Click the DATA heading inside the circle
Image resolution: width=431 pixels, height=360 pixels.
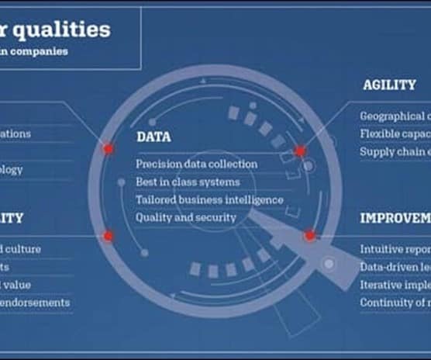[x=153, y=137]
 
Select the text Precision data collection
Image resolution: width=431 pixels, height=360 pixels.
[x=196, y=164]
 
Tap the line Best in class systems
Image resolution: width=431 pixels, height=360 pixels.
[x=188, y=182]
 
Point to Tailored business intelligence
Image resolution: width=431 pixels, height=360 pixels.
[x=209, y=199]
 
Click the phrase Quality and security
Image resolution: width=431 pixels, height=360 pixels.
[x=185, y=217]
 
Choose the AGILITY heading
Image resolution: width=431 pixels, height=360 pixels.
[x=389, y=85]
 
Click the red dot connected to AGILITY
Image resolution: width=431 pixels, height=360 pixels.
[x=300, y=151]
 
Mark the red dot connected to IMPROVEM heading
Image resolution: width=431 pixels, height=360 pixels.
[x=310, y=235]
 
